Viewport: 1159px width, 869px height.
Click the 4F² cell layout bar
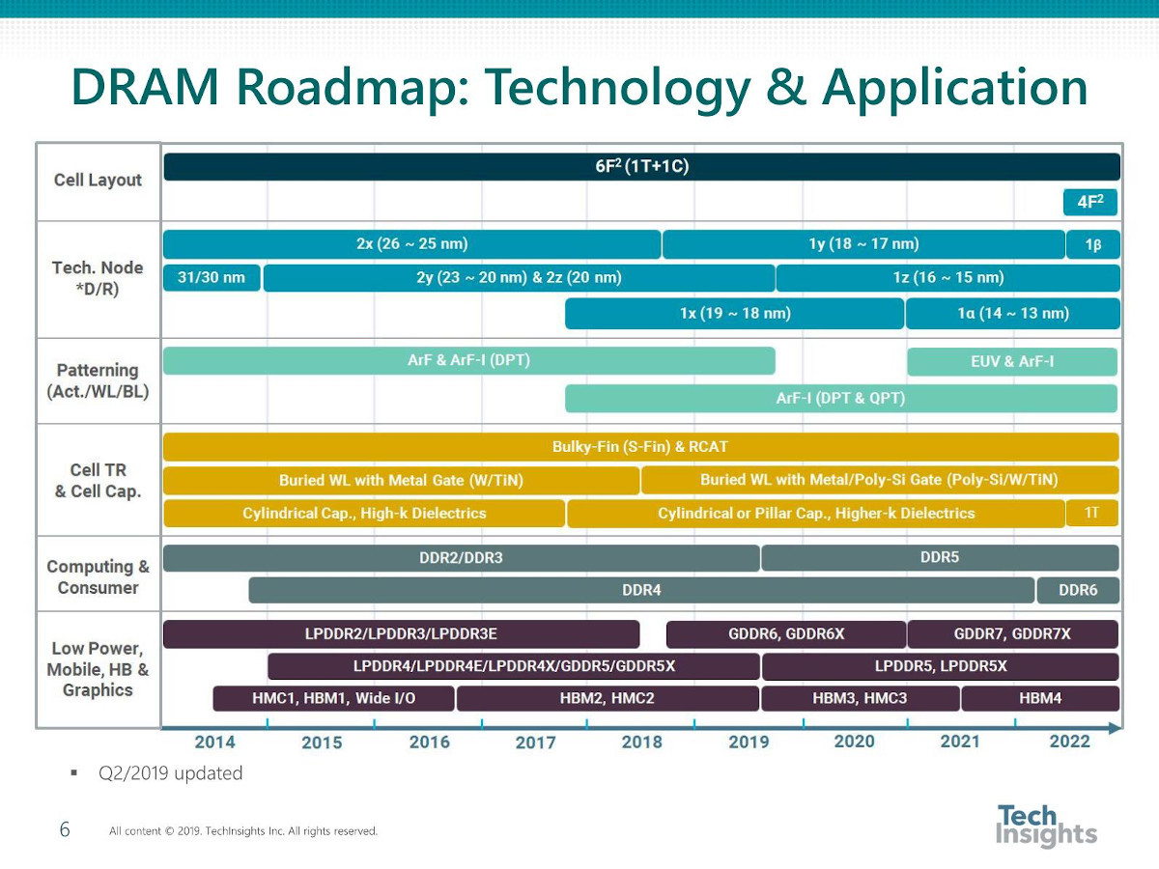[x=1089, y=202]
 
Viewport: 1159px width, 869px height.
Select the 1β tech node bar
[x=1092, y=244]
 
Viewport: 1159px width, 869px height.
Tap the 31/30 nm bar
[x=212, y=277]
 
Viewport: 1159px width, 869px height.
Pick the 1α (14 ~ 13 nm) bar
[x=1013, y=314]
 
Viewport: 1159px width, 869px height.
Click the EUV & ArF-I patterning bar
[x=1011, y=361]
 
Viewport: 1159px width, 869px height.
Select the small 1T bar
[x=1091, y=513]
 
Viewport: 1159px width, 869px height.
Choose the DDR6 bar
[x=1078, y=590]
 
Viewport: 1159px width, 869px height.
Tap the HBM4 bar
[x=1039, y=698]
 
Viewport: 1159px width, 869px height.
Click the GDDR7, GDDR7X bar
[x=1012, y=633]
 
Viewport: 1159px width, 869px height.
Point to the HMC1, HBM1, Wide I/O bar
[x=334, y=698]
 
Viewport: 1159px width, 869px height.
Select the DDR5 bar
[x=940, y=558]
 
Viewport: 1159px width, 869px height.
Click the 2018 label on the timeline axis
[x=641, y=743]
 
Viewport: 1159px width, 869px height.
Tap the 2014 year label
[x=215, y=743]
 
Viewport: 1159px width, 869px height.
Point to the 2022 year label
[x=1070, y=742]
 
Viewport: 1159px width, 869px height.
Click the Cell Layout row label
[x=98, y=180]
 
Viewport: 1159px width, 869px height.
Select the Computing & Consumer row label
[x=98, y=576]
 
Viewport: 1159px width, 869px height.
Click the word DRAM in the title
[x=145, y=87]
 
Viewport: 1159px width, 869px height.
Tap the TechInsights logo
[x=1046, y=826]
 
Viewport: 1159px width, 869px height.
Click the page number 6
[x=65, y=829]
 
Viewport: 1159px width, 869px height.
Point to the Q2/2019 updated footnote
[x=170, y=773]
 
